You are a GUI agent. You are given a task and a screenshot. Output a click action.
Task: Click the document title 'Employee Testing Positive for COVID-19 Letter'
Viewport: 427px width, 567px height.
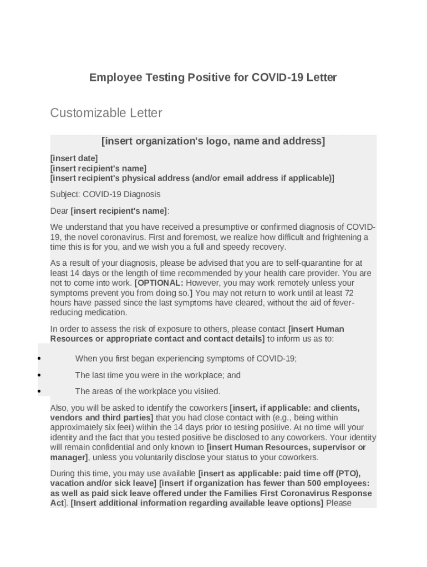point(213,78)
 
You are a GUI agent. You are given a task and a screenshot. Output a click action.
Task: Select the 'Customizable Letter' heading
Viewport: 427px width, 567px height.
point(106,113)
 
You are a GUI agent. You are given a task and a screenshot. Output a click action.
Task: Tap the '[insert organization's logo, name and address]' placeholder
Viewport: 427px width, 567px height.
point(213,141)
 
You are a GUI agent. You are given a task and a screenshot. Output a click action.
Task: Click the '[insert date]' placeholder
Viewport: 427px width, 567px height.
point(74,158)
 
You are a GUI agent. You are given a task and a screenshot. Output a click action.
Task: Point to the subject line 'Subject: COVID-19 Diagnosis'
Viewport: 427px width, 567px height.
point(105,194)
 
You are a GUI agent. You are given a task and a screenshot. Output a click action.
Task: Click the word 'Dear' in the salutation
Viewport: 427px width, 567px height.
point(59,211)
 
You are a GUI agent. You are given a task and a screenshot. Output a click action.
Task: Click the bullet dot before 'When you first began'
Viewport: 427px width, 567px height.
point(39,358)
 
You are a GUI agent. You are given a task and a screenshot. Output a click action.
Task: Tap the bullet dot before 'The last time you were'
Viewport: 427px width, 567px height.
point(39,375)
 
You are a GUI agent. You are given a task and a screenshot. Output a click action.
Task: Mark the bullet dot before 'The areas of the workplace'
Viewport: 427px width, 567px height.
point(39,391)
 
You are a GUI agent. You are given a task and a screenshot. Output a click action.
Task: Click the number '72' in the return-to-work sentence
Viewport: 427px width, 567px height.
point(349,293)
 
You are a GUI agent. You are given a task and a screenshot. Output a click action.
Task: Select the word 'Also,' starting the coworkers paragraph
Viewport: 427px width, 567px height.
point(59,408)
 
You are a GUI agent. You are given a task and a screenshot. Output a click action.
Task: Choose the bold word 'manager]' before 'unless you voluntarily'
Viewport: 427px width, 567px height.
point(69,457)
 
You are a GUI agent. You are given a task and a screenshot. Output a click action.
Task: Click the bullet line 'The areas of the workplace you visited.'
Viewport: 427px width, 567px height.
point(148,391)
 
